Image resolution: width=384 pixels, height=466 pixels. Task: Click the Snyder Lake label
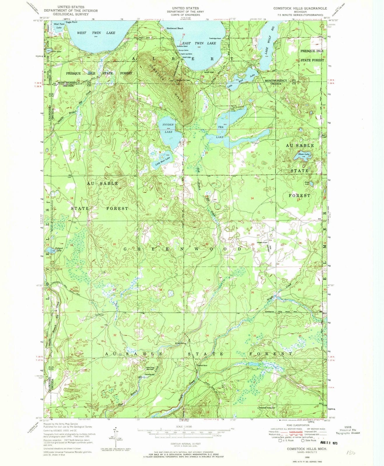(168, 128)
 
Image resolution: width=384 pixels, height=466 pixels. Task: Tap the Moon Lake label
(303, 154)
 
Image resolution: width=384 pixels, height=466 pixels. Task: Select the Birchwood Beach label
(175, 28)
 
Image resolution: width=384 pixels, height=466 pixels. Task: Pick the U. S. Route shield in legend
(280, 441)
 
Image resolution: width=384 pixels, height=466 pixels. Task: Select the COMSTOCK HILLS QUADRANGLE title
(300, 8)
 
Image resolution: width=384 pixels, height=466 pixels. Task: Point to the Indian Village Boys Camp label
(152, 368)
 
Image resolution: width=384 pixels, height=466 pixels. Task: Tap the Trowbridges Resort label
(215, 38)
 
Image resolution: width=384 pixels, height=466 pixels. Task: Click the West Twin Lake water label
(96, 33)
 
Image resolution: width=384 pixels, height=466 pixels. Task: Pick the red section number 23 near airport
(253, 244)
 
